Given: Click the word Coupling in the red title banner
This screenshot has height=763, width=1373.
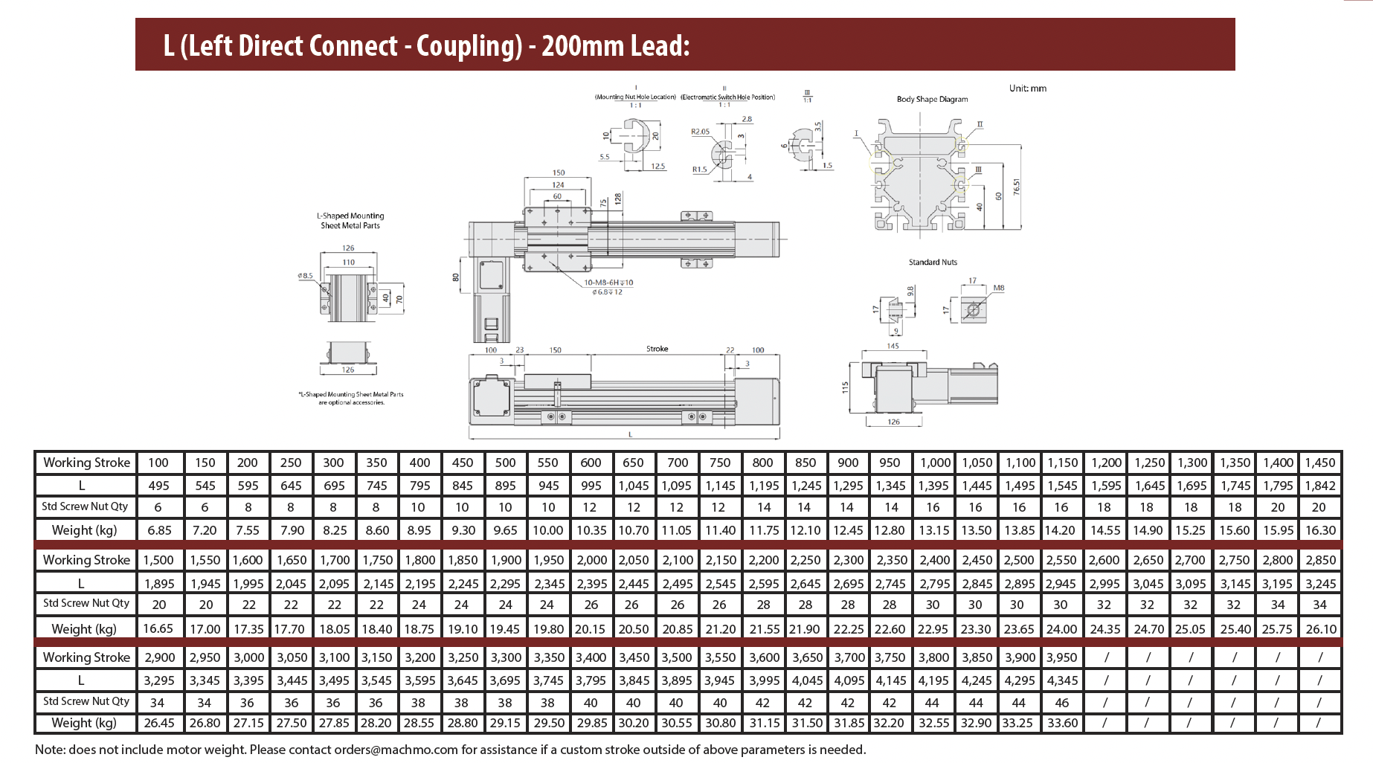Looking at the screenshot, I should tap(469, 46).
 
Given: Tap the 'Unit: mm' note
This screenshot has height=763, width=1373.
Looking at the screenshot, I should tap(1027, 88).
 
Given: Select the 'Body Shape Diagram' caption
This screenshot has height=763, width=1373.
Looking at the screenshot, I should tap(932, 99).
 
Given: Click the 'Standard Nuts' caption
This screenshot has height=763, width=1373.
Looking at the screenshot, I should tap(933, 263).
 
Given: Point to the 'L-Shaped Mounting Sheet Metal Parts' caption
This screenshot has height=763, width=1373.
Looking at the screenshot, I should tap(350, 221).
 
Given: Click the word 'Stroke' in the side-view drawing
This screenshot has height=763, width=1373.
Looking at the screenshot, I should tap(657, 349).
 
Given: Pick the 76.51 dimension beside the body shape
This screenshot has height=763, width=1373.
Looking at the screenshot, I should tap(1017, 187).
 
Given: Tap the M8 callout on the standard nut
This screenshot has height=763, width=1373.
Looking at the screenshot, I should tap(998, 288).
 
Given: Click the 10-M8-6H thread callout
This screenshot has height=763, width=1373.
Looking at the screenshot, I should tap(608, 283).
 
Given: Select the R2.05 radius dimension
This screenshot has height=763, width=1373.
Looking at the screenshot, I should tap(700, 132).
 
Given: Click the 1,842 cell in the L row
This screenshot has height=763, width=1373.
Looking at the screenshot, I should tap(1320, 486).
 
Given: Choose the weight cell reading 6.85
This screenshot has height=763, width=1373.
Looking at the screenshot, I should tap(159, 530).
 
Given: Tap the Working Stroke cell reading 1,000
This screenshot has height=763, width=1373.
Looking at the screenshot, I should tap(935, 463).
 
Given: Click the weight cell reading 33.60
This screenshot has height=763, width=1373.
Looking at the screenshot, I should tap(1062, 723).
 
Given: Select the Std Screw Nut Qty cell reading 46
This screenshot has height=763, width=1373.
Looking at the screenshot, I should tap(1061, 703).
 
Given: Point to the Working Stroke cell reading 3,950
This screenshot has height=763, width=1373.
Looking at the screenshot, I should tap(1061, 657).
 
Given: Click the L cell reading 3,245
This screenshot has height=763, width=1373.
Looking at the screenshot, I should tap(1320, 584).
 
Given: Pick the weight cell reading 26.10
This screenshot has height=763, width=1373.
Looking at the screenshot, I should tap(1320, 629).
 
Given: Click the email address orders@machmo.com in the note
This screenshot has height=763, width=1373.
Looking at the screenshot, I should tap(396, 750).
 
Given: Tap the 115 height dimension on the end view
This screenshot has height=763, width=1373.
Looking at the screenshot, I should tap(845, 387).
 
